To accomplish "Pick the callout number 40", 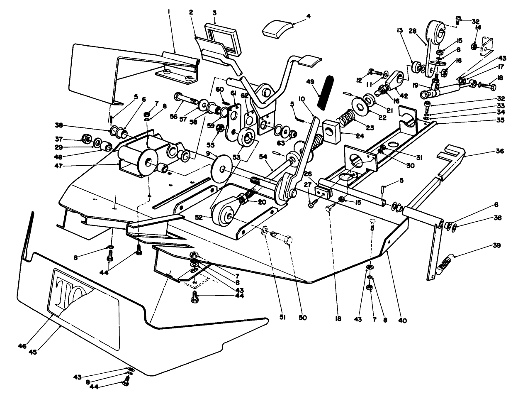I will click(402, 320).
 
